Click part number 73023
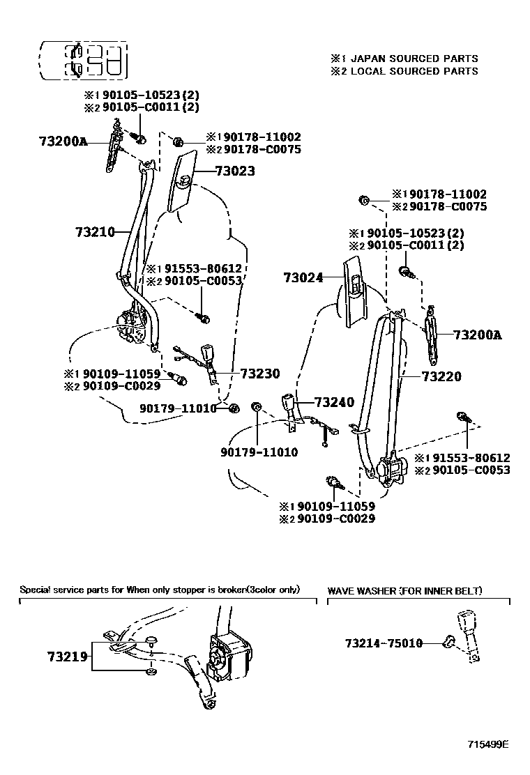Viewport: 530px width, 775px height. tap(234, 171)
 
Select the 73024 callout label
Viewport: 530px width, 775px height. tap(303, 277)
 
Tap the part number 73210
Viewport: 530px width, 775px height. tap(94, 231)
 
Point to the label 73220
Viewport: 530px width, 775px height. tap(441, 377)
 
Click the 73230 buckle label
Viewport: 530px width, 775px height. tap(259, 374)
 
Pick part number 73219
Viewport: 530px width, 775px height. tap(67, 656)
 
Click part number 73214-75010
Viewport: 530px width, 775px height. tap(384, 643)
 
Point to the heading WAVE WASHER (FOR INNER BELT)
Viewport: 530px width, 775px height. tap(404, 591)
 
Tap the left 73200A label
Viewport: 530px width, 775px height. tap(63, 141)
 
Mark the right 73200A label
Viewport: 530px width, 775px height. tap(477, 335)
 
